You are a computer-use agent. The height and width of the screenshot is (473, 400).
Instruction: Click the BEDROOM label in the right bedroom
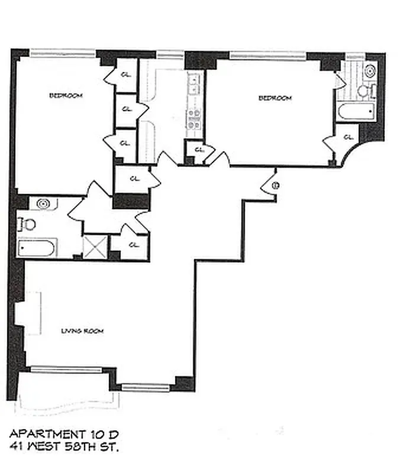[x=275, y=98]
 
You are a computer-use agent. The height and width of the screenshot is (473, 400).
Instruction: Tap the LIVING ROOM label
[x=82, y=331]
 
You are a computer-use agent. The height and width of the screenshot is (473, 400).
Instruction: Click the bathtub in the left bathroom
[x=37, y=247]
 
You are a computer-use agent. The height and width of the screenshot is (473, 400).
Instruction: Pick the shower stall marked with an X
[x=94, y=247]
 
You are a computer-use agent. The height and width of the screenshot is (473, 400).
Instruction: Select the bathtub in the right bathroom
[x=356, y=111]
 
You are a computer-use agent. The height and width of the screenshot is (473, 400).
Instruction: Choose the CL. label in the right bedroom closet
[x=348, y=137]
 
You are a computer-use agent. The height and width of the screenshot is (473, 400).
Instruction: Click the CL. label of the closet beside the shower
[x=134, y=244]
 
